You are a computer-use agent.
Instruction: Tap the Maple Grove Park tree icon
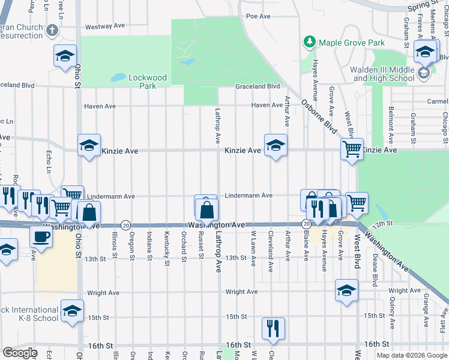click(x=309, y=42)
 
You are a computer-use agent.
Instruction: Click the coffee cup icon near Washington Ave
click(x=41, y=236)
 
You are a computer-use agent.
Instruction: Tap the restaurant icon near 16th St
click(x=273, y=327)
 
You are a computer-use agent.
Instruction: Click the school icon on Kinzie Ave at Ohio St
click(x=89, y=145)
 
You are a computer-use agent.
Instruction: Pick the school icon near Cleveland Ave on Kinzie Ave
click(x=276, y=145)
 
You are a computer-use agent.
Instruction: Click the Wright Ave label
click(x=241, y=292)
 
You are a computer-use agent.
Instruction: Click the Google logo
click(x=20, y=353)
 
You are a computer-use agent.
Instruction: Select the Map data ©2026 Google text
click(x=411, y=355)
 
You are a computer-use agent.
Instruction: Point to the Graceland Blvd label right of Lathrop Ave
click(x=258, y=86)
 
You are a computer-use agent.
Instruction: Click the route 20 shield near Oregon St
click(x=125, y=225)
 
